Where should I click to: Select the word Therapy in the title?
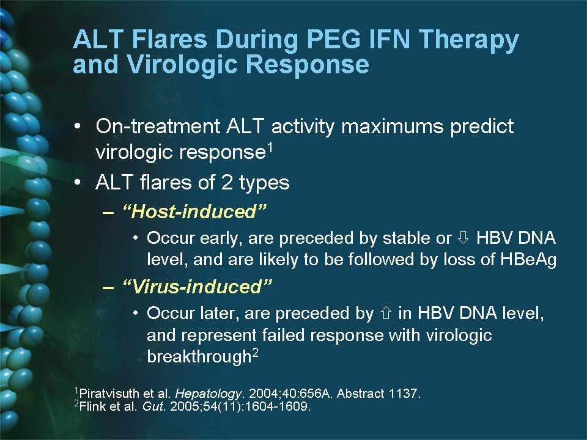[x=468, y=41]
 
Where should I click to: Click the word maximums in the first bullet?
[x=393, y=127]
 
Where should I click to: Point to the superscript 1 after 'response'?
[x=270, y=148]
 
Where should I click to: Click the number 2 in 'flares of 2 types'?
[x=227, y=183]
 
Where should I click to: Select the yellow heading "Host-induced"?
[x=194, y=211]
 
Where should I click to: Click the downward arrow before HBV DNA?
[x=463, y=237]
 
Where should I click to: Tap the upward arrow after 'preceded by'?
[x=386, y=312]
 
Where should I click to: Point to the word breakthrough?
[x=199, y=356]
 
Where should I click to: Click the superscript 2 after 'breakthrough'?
[x=255, y=353]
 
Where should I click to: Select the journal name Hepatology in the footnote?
[x=208, y=393]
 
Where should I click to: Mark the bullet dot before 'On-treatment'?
[x=77, y=126]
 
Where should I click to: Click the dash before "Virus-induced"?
[x=108, y=287]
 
